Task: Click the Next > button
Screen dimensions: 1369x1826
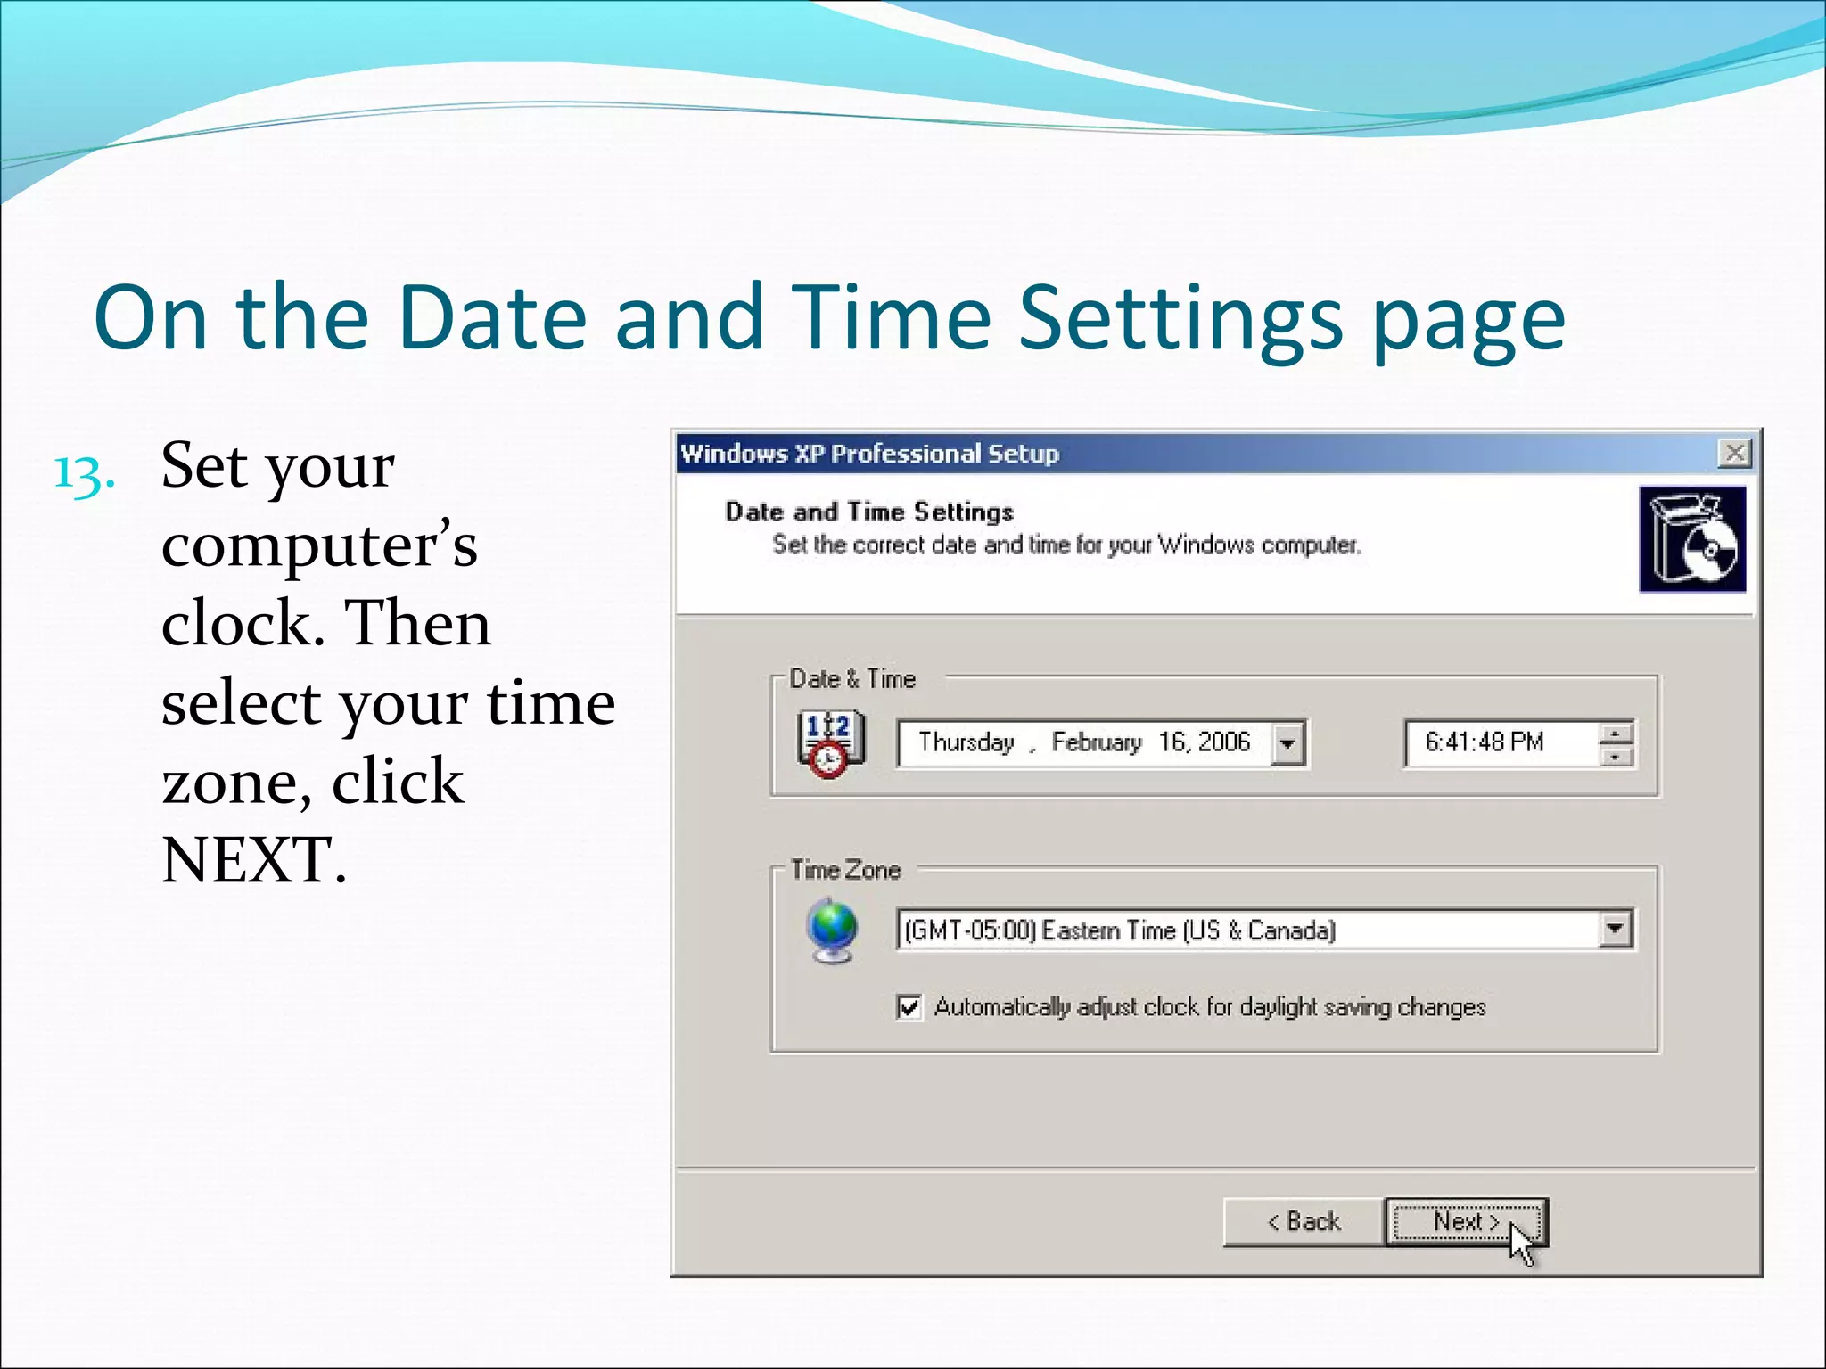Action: point(1466,1221)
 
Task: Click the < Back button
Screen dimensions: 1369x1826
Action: point(1304,1221)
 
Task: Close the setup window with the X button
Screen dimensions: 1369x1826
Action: point(1734,454)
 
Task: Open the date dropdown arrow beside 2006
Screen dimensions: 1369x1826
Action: point(1287,743)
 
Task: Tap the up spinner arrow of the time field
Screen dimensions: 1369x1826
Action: point(1616,733)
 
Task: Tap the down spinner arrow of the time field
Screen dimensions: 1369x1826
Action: point(1616,757)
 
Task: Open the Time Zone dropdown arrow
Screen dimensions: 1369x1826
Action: point(1615,930)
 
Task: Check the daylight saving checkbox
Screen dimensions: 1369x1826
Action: point(909,1007)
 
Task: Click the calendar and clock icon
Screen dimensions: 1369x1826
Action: point(829,743)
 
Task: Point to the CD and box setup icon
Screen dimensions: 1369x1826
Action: point(1692,539)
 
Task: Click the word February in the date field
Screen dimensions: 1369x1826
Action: point(1097,742)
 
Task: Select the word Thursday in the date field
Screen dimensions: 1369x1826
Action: point(966,742)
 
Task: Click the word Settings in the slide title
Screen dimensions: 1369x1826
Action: point(1181,319)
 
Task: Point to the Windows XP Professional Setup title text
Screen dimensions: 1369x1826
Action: point(869,454)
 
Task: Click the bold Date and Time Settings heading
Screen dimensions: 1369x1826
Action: point(869,512)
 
